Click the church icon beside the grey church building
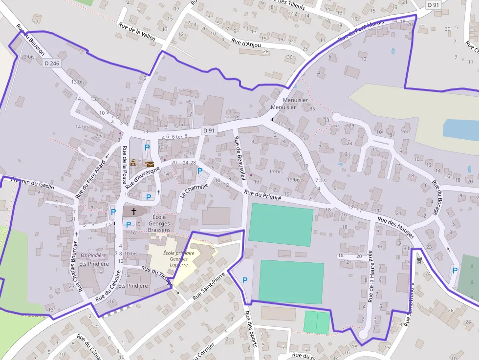point(133,211)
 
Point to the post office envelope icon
point(150,165)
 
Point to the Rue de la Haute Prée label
point(370,275)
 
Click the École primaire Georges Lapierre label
point(178,259)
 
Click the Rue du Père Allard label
point(90,179)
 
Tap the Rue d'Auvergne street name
point(143,176)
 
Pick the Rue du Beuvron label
point(30,40)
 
